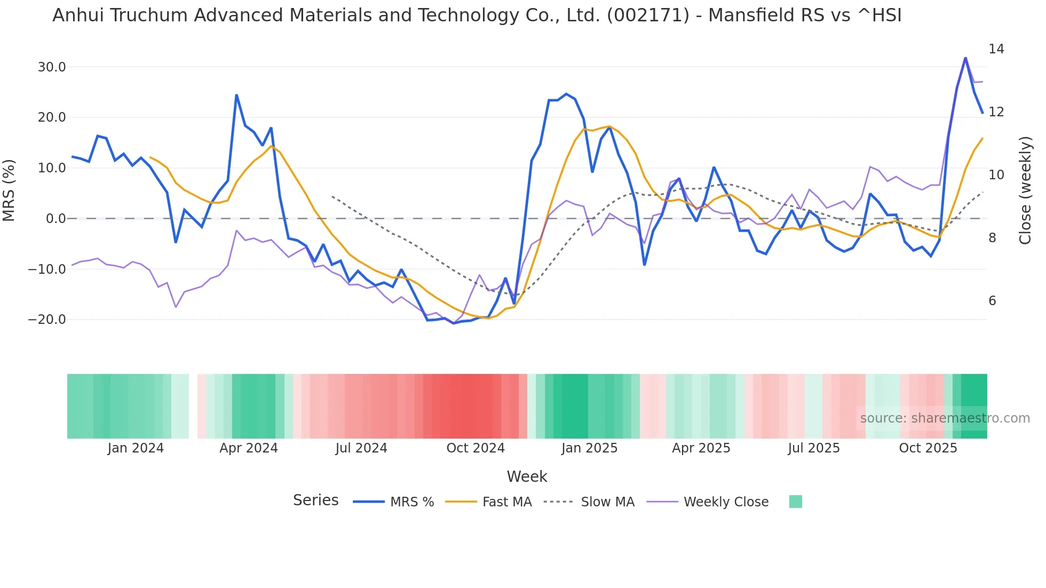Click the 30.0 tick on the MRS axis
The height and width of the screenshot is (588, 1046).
pyautogui.click(x=51, y=67)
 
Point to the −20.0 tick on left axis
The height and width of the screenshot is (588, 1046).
pyautogui.click(x=47, y=320)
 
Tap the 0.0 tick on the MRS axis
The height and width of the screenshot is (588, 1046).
pyautogui.click(x=56, y=219)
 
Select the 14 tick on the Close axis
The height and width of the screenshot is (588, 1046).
pyautogui.click(x=996, y=49)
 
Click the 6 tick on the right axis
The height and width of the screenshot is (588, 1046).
pyautogui.click(x=992, y=301)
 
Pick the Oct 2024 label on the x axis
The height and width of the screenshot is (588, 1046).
pyautogui.click(x=475, y=448)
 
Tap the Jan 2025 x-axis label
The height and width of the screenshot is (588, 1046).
pyautogui.click(x=589, y=448)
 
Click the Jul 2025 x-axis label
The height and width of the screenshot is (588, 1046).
pyautogui.click(x=813, y=448)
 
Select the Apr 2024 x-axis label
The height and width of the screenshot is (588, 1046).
pyautogui.click(x=248, y=448)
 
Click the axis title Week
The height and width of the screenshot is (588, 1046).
pyautogui.click(x=527, y=476)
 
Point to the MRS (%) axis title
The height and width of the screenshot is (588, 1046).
pyautogui.click(x=9, y=190)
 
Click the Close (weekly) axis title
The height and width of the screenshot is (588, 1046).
pyautogui.click(x=1025, y=190)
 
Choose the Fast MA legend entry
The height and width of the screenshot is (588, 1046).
pyautogui.click(x=506, y=502)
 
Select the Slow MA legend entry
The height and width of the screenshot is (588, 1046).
pyautogui.click(x=607, y=502)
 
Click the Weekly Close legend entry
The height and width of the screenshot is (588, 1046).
pyautogui.click(x=726, y=502)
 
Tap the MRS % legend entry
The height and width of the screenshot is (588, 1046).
pyautogui.click(x=411, y=502)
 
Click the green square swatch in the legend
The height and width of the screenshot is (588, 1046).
pyautogui.click(x=795, y=502)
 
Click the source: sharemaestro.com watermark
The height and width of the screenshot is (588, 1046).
pyautogui.click(x=945, y=418)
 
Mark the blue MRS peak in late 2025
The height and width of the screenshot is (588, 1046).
pyautogui.click(x=965, y=58)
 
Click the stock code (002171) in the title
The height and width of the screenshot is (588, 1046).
pyautogui.click(x=648, y=15)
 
